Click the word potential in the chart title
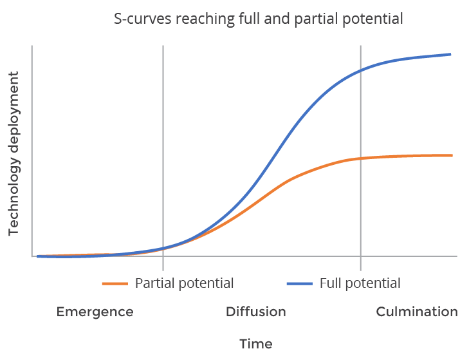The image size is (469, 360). [x=376, y=19]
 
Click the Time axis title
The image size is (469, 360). [x=256, y=344]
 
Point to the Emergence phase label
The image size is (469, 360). [x=95, y=312]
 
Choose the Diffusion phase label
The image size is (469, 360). [x=256, y=312]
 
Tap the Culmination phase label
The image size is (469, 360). [x=417, y=312]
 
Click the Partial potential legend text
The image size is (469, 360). [x=184, y=283]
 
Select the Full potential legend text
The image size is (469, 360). [x=360, y=283]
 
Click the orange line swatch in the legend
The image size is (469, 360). [x=115, y=284]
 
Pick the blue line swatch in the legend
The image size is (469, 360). [x=300, y=284]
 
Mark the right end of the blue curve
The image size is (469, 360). [x=451, y=54]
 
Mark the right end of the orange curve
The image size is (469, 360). [x=452, y=155]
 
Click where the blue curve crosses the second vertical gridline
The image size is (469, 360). [x=360, y=70]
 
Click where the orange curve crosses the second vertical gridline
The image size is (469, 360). [x=360, y=158]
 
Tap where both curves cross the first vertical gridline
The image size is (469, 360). [x=163, y=248]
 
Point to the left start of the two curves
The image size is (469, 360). [x=39, y=256]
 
